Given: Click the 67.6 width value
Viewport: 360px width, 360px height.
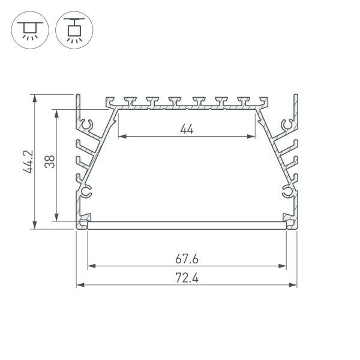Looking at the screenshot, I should [x=187, y=259].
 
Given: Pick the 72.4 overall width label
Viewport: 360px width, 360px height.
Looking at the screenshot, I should [x=187, y=278].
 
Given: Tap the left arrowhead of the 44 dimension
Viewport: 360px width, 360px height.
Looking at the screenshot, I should [x=121, y=137].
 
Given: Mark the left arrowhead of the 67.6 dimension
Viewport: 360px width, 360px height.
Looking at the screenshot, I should [x=91, y=266].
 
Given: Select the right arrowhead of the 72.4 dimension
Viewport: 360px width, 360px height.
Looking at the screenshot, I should [x=294, y=284].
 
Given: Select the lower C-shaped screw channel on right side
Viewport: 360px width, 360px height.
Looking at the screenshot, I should [x=286, y=192].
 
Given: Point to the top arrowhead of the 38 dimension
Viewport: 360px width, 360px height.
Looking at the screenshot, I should [x=57, y=113].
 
